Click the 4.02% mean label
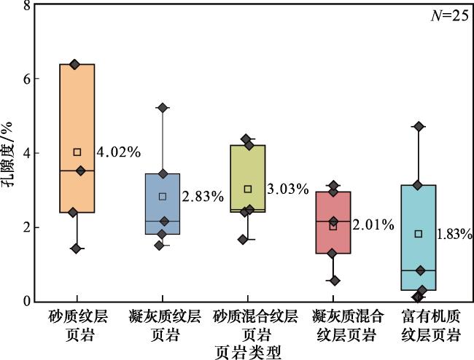pyautogui.click(x=118, y=152)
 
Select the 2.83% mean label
pyautogui.click(x=202, y=197)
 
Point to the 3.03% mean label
pyautogui.click(x=287, y=189)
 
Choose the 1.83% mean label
pyautogui.click(x=454, y=235)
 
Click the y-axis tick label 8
pyautogui.click(x=27, y=6)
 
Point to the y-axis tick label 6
pyautogui.click(x=27, y=79)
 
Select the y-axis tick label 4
pyautogui.click(x=27, y=153)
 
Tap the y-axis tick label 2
pyautogui.click(x=27, y=227)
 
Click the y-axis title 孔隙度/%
pyautogui.click(x=9, y=153)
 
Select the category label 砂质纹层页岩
pyautogui.click(x=75, y=326)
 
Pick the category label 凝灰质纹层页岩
pyautogui.click(x=161, y=326)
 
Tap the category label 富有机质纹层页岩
pyautogui.click(x=417, y=326)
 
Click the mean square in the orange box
pyautogui.click(x=77, y=152)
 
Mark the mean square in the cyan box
pyautogui.click(x=419, y=234)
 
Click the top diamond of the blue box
pyautogui.click(x=163, y=108)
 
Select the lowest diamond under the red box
pyautogui.click(x=335, y=281)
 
